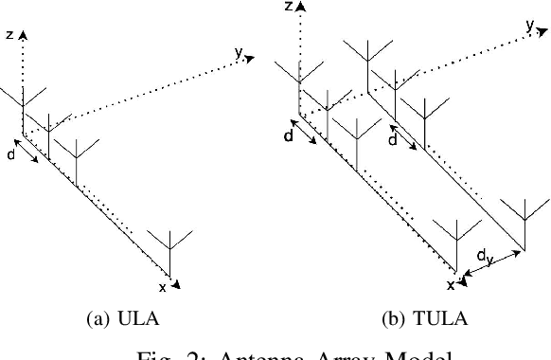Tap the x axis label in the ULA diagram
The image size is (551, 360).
click(x=162, y=286)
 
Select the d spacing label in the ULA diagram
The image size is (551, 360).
click(x=10, y=153)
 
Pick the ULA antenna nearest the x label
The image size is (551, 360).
click(x=169, y=248)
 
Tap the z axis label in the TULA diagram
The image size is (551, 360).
click(x=288, y=7)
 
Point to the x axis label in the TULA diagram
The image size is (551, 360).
click(x=450, y=283)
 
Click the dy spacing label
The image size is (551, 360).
click(x=484, y=256)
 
